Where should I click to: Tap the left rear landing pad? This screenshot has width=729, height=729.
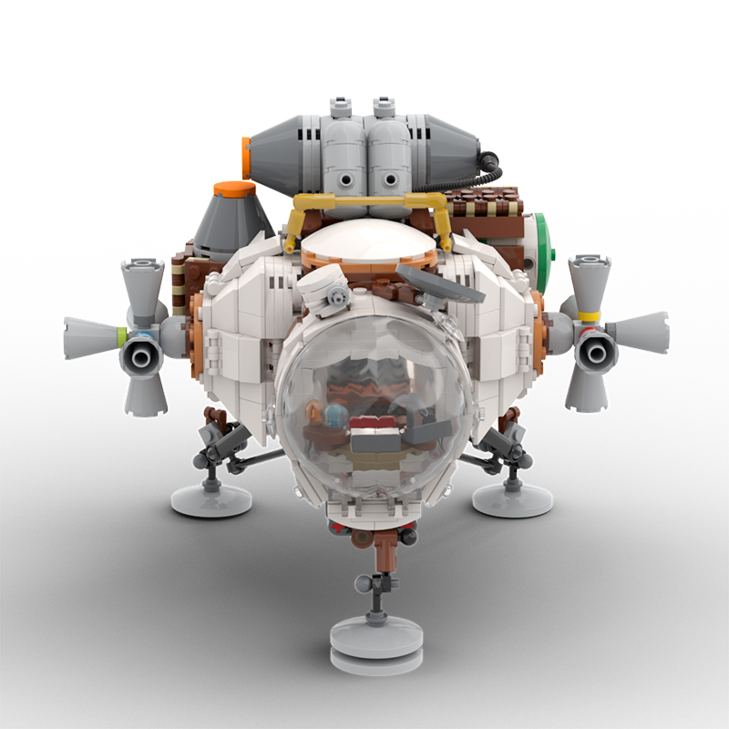[x=210, y=498]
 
